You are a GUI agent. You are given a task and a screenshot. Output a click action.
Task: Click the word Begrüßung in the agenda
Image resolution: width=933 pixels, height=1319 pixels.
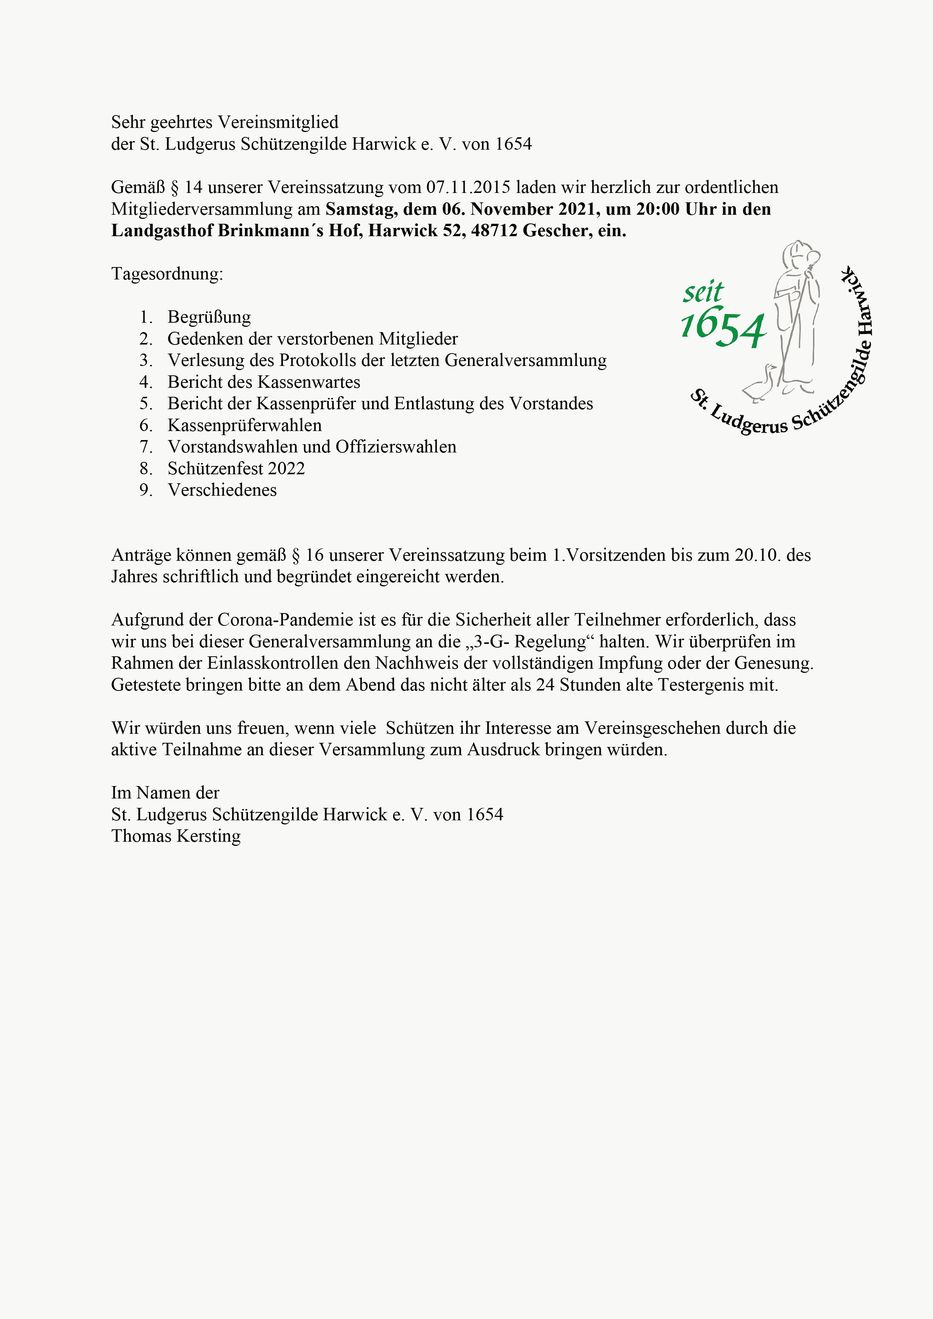click(209, 317)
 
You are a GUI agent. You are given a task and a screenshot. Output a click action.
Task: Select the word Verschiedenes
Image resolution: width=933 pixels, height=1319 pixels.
click(222, 490)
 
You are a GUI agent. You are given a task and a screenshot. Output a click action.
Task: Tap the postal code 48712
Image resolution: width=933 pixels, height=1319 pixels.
click(494, 231)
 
